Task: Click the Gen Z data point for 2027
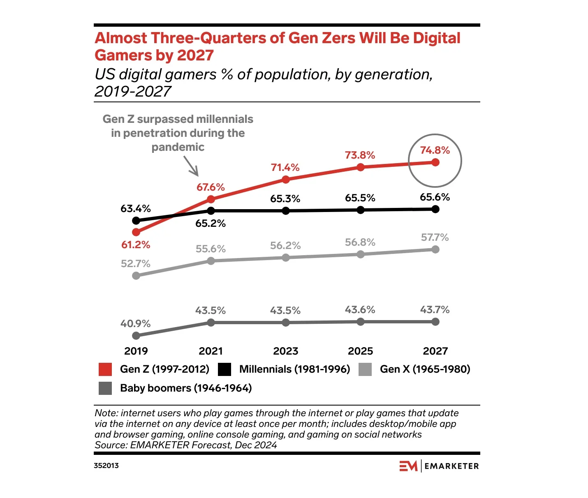click(435, 162)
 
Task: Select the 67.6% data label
click(211, 187)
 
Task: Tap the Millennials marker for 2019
click(136, 221)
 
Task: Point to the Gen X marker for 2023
click(286, 258)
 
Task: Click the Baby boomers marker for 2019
click(136, 336)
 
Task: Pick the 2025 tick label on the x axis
click(360, 351)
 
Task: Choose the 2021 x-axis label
click(211, 351)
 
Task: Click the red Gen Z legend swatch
click(105, 369)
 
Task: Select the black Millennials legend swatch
click(225, 369)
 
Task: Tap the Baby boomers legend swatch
click(105, 388)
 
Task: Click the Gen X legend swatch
click(365, 369)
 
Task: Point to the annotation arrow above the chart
click(191, 166)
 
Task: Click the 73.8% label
click(360, 155)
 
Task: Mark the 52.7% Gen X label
click(136, 264)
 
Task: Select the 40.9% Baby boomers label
click(136, 324)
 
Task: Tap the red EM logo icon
click(408, 466)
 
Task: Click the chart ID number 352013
click(106, 466)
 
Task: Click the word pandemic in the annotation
click(178, 147)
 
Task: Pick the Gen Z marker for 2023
click(286, 180)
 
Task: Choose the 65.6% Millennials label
click(435, 197)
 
